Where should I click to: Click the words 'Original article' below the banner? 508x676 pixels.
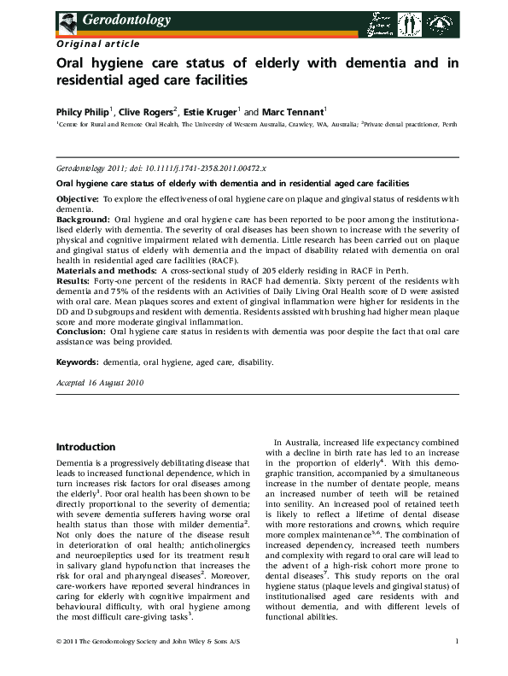click(88, 43)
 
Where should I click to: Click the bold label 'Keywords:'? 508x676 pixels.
click(78, 362)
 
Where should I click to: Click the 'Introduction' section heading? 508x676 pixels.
click(85, 447)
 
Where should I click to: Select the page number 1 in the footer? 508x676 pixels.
click(457, 665)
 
